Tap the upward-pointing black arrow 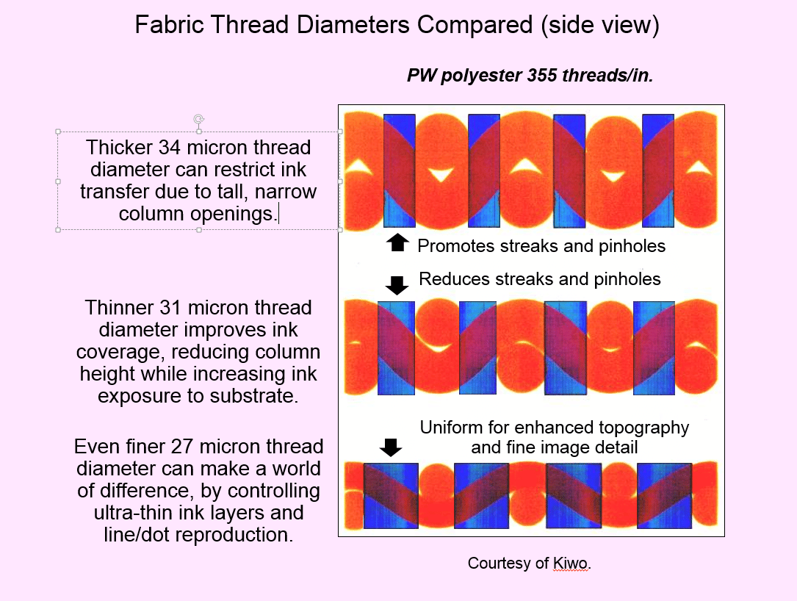(397, 243)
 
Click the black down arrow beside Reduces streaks (397, 285)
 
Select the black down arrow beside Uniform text (391, 447)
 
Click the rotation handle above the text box (199, 120)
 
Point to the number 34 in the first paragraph (169, 148)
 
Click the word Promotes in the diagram (456, 246)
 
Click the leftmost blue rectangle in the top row (400, 170)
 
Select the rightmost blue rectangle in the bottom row (664, 496)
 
